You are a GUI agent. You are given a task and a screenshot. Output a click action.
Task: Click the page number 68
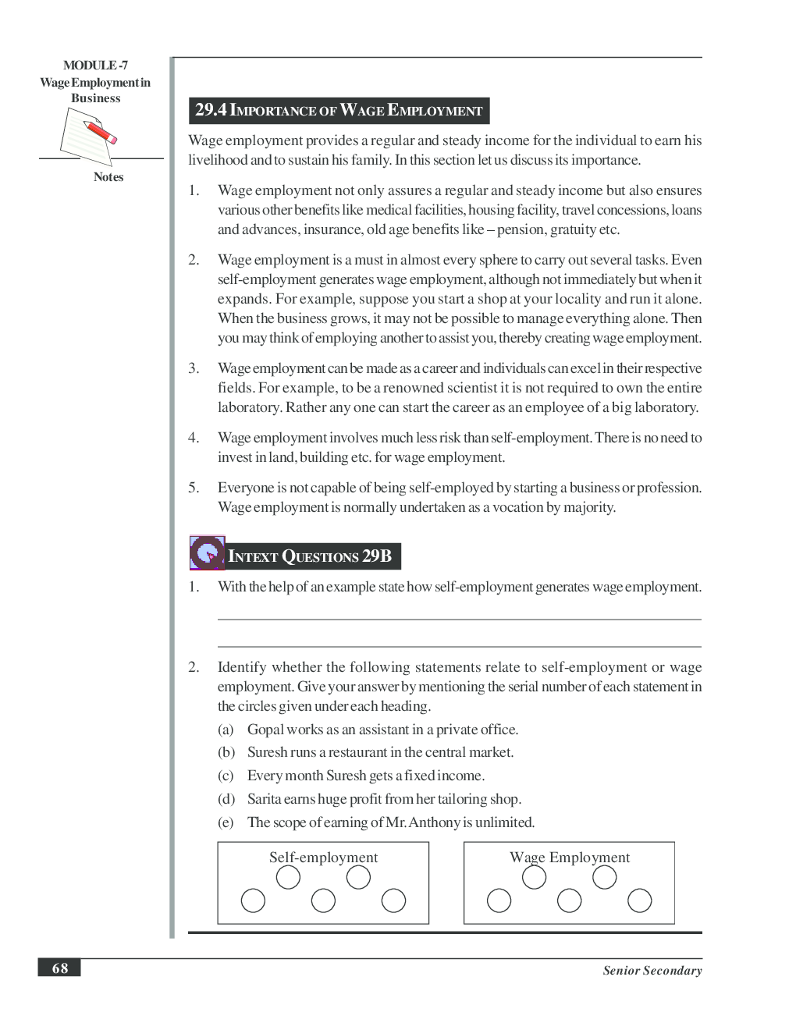coord(59,968)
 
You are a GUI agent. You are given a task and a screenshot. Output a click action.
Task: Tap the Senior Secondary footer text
coord(652,971)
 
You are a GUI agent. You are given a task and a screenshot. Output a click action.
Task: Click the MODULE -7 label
coord(95,66)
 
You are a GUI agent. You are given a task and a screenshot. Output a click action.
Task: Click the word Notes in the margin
coord(108,177)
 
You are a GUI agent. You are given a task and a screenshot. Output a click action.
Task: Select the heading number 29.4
coord(211,110)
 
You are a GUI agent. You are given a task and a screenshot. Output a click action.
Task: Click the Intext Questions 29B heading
coord(310,556)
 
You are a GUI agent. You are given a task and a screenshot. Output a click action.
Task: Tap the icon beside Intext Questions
coord(207,552)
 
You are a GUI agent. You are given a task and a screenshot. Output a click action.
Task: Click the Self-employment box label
coord(323,858)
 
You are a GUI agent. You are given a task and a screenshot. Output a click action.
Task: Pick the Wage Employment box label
coord(570,858)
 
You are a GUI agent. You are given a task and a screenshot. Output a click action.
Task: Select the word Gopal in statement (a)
coord(265,730)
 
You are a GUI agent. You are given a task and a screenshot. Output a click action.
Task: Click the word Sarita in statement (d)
coord(264,799)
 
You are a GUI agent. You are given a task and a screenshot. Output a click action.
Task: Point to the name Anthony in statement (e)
coord(434,822)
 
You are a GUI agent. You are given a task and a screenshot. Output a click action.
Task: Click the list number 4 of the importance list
coord(193,438)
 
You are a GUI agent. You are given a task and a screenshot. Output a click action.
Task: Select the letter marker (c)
coord(226,776)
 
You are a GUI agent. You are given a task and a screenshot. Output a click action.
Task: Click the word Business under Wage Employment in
coord(95,98)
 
